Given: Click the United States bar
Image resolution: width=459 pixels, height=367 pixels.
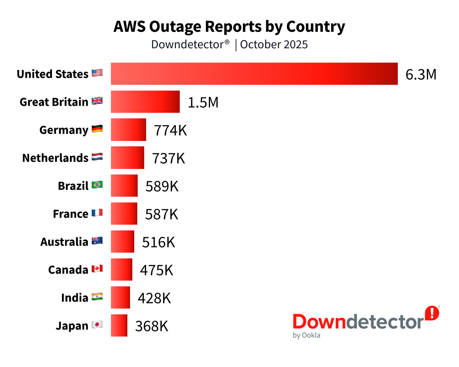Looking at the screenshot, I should [254, 74].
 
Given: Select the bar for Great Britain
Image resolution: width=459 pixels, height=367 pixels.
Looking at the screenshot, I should [145, 102].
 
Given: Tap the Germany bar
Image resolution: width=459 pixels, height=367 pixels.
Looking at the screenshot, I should [129, 129].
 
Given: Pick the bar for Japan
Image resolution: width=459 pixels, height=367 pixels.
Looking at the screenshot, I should [119, 326].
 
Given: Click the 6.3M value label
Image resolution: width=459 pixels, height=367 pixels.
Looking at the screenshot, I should [421, 75].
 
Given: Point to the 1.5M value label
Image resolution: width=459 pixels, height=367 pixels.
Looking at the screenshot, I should [203, 103].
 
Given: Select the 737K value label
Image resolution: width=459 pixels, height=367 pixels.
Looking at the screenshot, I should [169, 158].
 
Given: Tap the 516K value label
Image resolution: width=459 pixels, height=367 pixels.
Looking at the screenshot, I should [158, 242].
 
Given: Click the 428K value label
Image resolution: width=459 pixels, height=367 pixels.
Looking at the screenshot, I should [154, 298].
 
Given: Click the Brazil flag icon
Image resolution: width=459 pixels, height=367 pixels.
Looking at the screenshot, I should [97, 185].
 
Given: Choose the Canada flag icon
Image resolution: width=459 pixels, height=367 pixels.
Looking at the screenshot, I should [97, 269].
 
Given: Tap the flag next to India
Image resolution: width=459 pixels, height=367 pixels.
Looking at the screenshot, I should [97, 297].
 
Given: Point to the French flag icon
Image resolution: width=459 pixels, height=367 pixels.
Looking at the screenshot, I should [97, 213].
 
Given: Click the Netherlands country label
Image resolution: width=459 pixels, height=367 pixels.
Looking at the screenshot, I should [55, 158].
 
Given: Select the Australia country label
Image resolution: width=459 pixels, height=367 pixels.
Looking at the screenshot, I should [64, 242].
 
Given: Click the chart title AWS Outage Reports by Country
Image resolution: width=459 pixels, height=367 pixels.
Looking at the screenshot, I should [229, 27].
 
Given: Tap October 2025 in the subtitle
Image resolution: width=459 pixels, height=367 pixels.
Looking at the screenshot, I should [274, 44].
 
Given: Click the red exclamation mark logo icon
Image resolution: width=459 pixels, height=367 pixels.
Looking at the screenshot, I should [432, 313].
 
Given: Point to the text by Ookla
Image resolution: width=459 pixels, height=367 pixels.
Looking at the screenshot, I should [306, 336].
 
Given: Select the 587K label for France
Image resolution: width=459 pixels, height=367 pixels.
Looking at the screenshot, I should [161, 214].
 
